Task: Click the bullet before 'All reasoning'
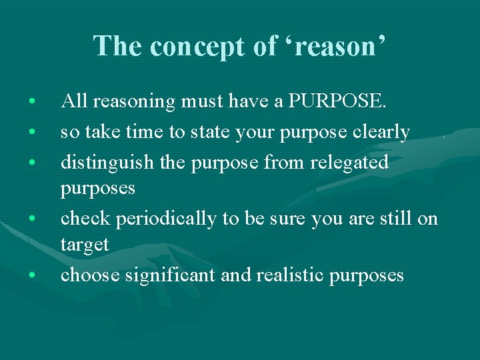pos(32,103)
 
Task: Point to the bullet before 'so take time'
pos(32,133)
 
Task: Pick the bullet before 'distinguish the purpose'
pos(32,163)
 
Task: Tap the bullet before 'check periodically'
pos(32,219)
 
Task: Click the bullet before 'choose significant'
pos(32,275)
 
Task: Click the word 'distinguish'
pos(100,162)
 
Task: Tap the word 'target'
pos(84,245)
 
